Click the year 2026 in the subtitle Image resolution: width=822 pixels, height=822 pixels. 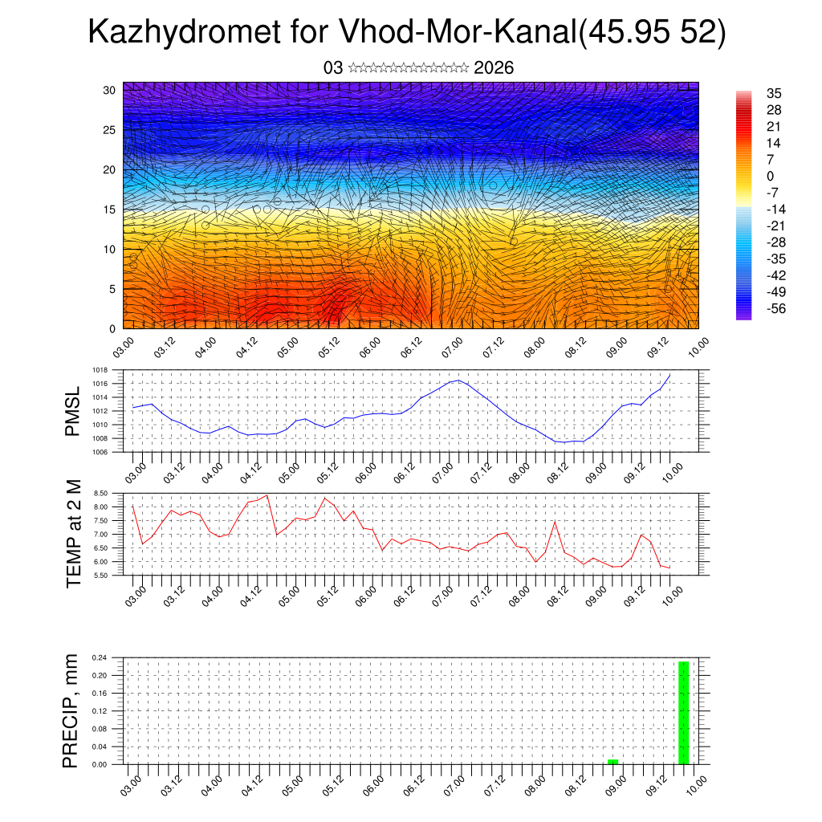pos(494,68)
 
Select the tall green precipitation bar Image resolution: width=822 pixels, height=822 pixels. pos(683,713)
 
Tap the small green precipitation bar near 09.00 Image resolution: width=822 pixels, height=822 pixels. pos(612,761)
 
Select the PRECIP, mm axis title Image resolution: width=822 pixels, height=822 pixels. pos(71,710)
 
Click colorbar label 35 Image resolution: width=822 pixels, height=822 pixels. pos(775,93)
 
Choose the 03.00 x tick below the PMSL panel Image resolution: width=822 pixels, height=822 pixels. pos(134,469)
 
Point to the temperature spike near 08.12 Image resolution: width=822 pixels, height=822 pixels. pos(555,522)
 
